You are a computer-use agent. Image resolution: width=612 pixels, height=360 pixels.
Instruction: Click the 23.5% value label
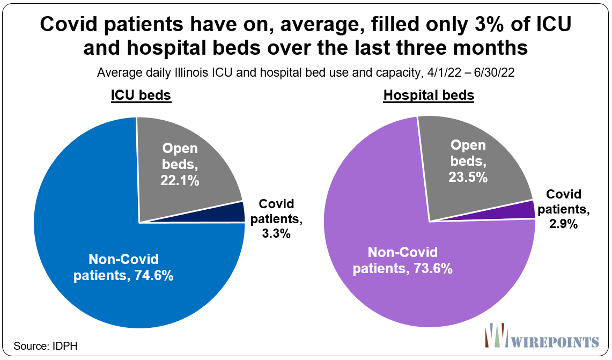468,177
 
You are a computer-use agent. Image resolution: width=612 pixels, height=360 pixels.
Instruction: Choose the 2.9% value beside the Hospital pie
563,224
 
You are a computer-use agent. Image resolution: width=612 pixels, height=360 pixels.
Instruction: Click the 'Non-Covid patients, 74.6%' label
123,268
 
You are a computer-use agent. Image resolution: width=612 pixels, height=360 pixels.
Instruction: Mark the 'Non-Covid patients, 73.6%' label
403,260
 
